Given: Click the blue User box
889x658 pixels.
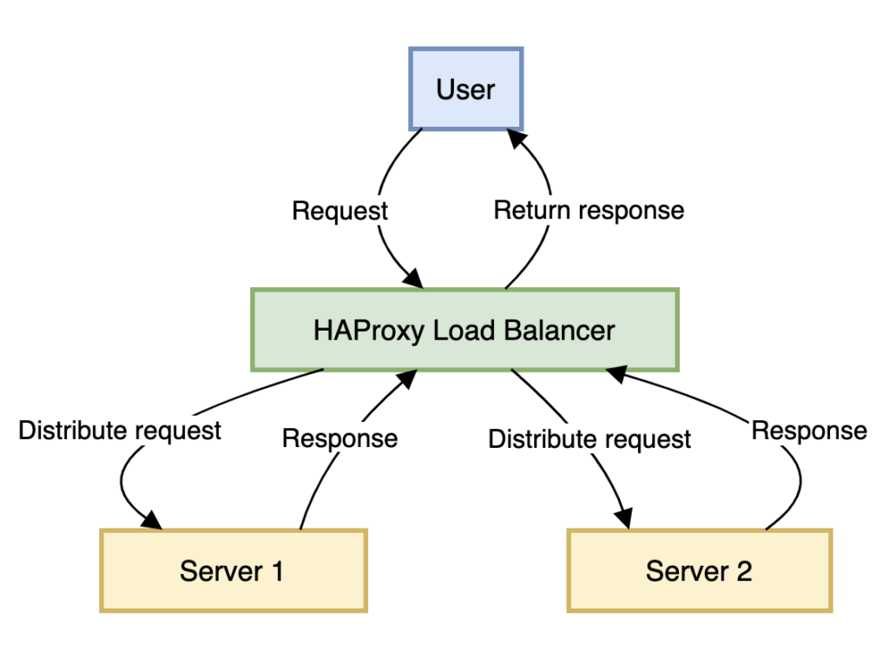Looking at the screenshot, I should pyautogui.click(x=465, y=89).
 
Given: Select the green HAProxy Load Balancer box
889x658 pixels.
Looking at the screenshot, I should pyautogui.click(x=464, y=330).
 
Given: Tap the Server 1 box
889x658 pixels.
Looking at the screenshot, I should pyautogui.click(x=233, y=570).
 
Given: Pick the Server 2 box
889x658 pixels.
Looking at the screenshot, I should pyautogui.click(x=699, y=570).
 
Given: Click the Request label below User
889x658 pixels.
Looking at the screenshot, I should pyautogui.click(x=339, y=211).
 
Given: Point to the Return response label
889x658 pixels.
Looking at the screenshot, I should pyautogui.click(x=589, y=210).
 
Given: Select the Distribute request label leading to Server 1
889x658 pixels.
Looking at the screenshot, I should pyautogui.click(x=120, y=431).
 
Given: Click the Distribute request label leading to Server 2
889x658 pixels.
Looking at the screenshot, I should pyautogui.click(x=589, y=439).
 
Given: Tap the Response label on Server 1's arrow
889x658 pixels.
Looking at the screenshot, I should pyautogui.click(x=339, y=438).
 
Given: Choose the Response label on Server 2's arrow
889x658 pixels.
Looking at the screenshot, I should pyautogui.click(x=808, y=431).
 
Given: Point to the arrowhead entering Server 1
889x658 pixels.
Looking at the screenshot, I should pyautogui.click(x=152, y=520).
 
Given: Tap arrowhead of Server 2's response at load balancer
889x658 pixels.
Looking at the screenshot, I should pyautogui.click(x=616, y=373).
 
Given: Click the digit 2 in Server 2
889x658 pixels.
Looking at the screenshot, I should pyautogui.click(x=743, y=570).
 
